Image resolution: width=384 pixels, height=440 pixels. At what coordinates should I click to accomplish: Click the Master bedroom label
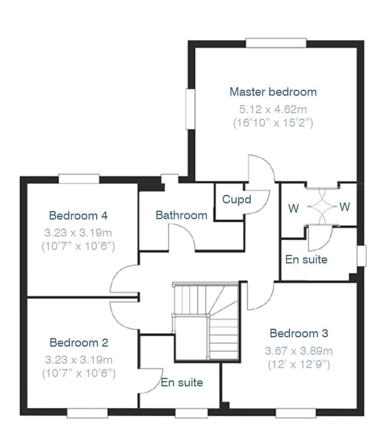click(273, 92)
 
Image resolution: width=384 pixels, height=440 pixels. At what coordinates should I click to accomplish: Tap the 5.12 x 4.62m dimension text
click(273, 109)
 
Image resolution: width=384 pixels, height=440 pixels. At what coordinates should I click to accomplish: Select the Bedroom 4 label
click(78, 216)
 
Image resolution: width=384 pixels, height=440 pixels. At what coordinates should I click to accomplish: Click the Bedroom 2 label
click(79, 342)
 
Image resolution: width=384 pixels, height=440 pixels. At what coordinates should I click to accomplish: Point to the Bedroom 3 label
click(299, 333)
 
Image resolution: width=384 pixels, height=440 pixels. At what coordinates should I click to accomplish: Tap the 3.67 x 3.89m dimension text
click(299, 351)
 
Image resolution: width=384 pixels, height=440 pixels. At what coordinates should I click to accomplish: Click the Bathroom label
click(181, 215)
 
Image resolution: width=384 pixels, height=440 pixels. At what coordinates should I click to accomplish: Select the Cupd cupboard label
click(237, 200)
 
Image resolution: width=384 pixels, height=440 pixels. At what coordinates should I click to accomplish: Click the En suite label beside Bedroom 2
click(182, 382)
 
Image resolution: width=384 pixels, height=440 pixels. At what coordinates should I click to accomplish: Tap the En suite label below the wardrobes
click(306, 259)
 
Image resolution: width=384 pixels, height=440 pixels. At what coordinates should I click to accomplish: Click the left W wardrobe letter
click(293, 208)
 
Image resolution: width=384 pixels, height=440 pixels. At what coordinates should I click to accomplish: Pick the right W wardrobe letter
click(345, 207)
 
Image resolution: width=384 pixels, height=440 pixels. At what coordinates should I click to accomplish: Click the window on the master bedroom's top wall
click(276, 43)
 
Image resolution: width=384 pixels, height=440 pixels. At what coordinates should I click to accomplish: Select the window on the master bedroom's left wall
click(190, 109)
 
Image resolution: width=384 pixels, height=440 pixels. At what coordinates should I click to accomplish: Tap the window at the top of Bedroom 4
click(79, 179)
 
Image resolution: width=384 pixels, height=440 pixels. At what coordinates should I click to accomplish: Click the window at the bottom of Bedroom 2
click(87, 413)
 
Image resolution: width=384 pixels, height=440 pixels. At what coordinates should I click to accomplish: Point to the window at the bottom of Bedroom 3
click(296, 413)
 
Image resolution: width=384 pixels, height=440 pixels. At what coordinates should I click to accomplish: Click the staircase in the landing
click(206, 321)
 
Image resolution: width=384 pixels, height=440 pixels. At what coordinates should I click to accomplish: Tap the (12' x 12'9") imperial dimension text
click(299, 365)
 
